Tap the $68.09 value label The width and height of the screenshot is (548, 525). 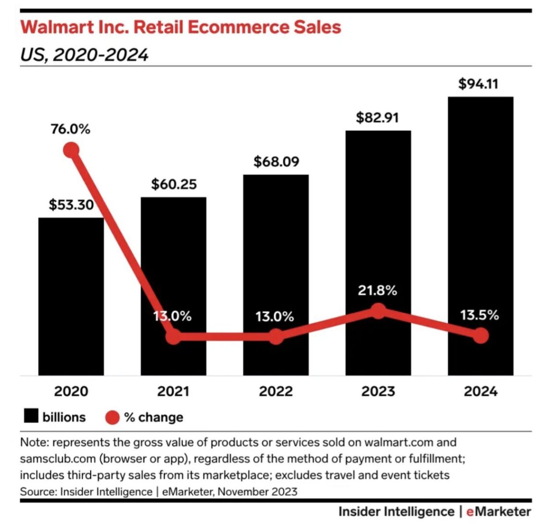tap(276, 161)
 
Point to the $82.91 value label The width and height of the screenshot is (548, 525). tap(378, 117)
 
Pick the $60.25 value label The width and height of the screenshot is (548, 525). tap(174, 184)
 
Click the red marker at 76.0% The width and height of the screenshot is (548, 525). tap(71, 151)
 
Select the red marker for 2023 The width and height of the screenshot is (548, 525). tap(379, 311)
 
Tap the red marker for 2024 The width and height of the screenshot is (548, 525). tap(480, 335)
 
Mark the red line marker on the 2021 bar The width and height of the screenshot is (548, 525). tap(174, 336)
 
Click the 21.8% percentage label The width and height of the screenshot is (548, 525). tap(378, 291)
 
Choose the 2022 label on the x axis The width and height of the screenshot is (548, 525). tap(276, 391)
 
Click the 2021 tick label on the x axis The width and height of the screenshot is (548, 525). tap(174, 391)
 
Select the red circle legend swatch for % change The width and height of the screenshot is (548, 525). tap(112, 417)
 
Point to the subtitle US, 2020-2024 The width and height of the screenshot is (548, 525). tap(84, 55)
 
